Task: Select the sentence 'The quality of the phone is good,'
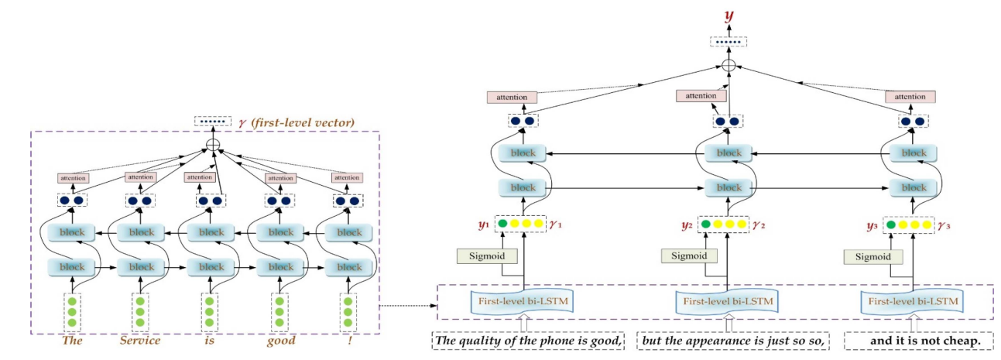(529, 341)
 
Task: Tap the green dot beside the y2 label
(706, 225)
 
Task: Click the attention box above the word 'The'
(74, 178)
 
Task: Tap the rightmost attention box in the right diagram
(910, 97)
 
